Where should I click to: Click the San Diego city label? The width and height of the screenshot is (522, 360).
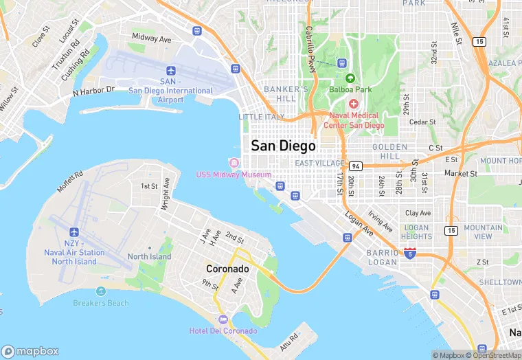[x=283, y=146]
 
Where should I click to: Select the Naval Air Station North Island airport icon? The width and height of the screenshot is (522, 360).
[x=74, y=232]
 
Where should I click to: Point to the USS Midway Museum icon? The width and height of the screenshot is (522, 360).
[x=234, y=163]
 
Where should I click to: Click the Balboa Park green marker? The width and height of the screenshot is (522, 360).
[x=350, y=78]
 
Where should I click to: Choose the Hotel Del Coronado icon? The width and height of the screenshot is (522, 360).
[x=223, y=319]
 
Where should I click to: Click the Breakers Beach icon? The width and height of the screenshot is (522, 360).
[x=101, y=291]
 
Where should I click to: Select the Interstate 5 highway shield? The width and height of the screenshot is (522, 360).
[x=410, y=254]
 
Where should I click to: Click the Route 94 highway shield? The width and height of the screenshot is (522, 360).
[x=355, y=166]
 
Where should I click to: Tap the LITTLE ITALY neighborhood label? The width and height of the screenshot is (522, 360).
[x=260, y=117]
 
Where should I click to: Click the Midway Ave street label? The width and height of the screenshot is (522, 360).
[x=151, y=39]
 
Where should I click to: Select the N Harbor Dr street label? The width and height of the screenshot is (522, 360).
[x=93, y=90]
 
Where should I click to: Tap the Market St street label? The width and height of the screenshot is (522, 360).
[x=460, y=174]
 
